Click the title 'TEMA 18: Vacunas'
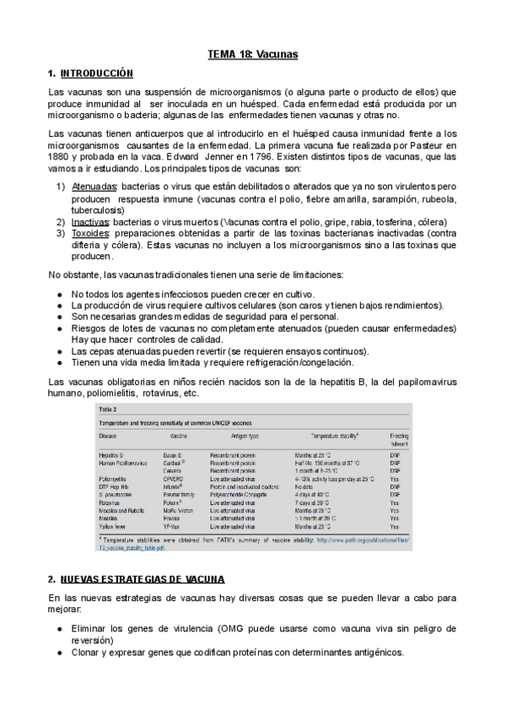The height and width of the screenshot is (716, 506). pyautogui.click(x=253, y=55)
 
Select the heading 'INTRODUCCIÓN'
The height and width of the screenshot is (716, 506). pyautogui.click(x=97, y=74)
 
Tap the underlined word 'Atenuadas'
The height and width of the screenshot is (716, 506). pyautogui.click(x=94, y=186)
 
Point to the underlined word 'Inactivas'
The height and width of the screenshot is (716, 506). pyautogui.click(x=91, y=222)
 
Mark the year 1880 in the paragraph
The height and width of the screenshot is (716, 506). pyautogui.click(x=61, y=157)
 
